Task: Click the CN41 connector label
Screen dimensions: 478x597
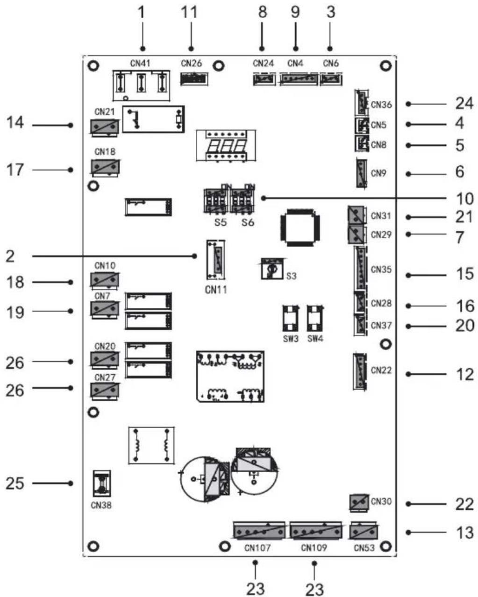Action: click(141, 63)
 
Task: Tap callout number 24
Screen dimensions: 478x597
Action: click(464, 104)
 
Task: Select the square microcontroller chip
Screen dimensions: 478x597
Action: click(300, 227)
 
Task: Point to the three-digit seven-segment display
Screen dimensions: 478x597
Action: click(226, 145)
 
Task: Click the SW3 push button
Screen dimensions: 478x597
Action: click(290, 318)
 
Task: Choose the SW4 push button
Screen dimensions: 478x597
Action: click(315, 318)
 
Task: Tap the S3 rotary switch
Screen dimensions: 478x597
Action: click(272, 269)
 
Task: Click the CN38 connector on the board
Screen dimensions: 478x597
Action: click(102, 483)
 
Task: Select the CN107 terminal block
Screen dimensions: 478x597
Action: click(259, 531)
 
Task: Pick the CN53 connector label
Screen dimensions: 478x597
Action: click(364, 548)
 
